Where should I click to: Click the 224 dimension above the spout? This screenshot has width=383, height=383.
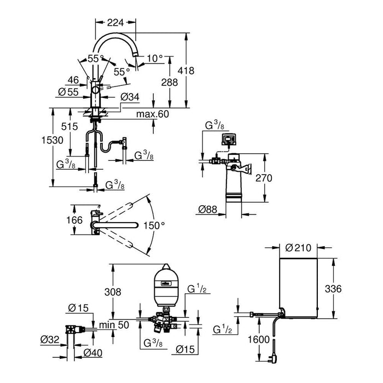[115, 22]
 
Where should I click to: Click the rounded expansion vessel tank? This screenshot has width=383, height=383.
[163, 284]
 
